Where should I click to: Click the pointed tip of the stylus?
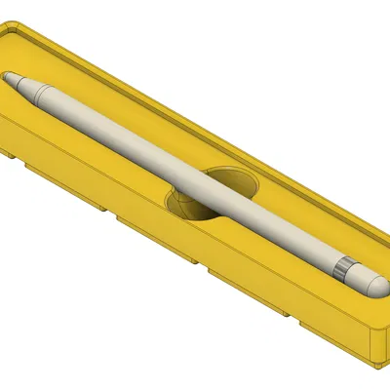4,76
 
